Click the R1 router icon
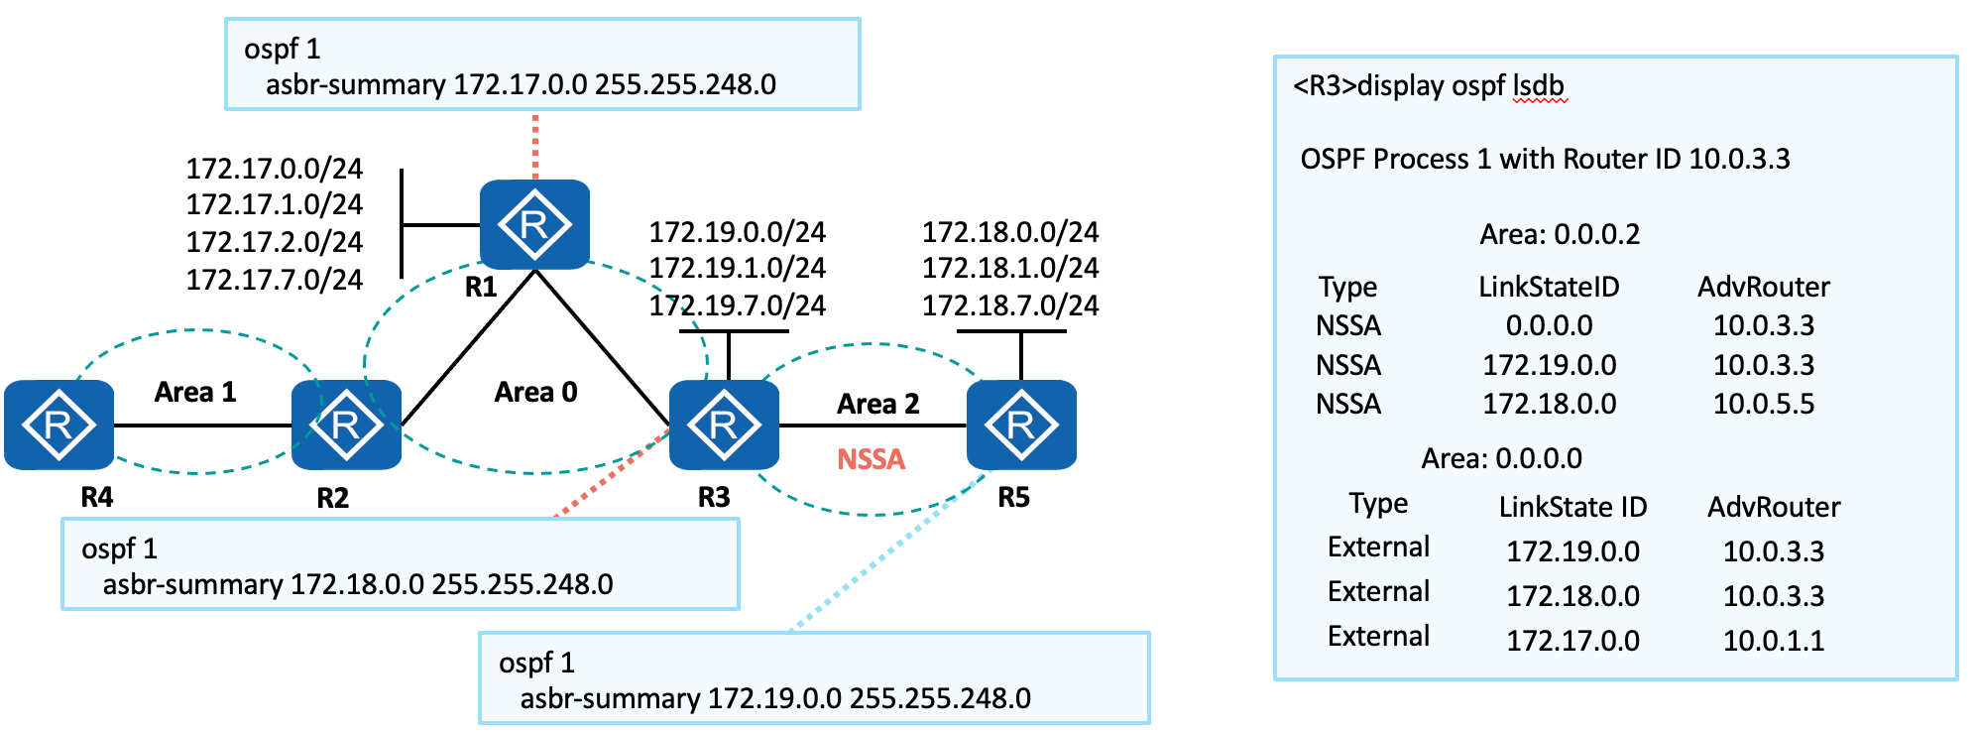(534, 224)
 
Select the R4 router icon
(58, 425)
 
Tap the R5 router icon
(1021, 425)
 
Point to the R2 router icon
(346, 425)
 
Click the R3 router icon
(724, 425)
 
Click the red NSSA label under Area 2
(871, 459)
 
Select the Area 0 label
(535, 392)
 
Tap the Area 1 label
(195, 392)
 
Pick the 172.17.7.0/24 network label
(275, 280)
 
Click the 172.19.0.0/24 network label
(737, 232)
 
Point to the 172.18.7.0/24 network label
(1010, 305)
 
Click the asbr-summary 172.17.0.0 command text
(521, 84)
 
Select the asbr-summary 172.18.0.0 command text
(358, 584)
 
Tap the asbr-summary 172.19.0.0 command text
(775, 698)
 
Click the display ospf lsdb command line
(1429, 86)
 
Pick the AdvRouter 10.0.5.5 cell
(1763, 404)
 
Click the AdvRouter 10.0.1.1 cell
(1773, 641)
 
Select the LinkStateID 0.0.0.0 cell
(1549, 325)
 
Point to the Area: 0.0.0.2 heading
(1559, 235)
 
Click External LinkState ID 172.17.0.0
(1572, 641)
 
